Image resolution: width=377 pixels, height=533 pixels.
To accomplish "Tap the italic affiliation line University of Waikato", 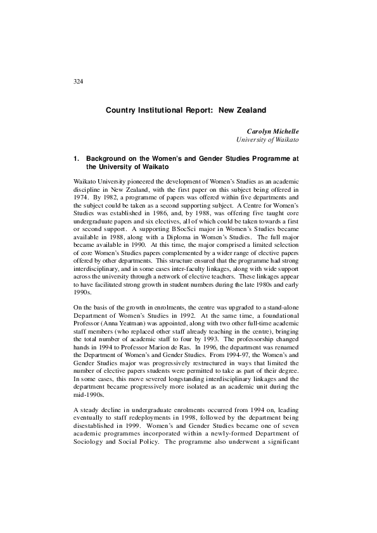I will point(268,139).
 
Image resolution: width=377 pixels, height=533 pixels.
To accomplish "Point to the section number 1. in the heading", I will point(77,158).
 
